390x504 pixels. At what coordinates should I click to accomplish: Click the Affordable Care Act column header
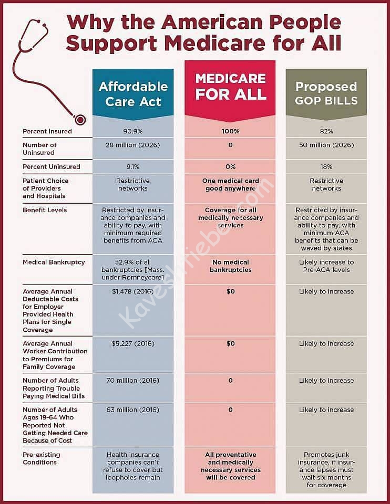click(x=133, y=93)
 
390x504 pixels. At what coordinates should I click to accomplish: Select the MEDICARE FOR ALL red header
click(x=230, y=87)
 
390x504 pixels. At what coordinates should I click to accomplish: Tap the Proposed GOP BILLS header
click(x=326, y=93)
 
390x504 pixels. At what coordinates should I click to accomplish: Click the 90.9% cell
click(x=133, y=131)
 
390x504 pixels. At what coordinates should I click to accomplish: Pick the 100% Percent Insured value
click(x=230, y=131)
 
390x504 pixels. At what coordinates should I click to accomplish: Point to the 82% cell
click(x=326, y=131)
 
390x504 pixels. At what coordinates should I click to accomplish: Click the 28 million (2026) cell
click(x=133, y=145)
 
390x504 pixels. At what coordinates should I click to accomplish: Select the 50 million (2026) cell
click(x=326, y=145)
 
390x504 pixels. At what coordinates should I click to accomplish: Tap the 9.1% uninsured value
click(x=133, y=167)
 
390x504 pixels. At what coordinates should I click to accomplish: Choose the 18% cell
click(x=326, y=167)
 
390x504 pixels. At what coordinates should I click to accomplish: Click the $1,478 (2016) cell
click(x=133, y=291)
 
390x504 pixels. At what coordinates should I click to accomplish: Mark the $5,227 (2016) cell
click(x=133, y=344)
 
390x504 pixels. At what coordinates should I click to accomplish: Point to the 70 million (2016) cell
click(x=133, y=381)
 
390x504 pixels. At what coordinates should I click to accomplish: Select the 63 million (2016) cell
click(x=133, y=410)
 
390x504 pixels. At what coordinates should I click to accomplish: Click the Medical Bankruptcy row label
click(x=54, y=262)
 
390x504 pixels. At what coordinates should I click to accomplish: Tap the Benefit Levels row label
click(x=45, y=210)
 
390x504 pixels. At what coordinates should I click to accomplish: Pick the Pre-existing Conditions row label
click(x=42, y=458)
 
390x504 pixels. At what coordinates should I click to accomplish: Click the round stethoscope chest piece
click(x=80, y=120)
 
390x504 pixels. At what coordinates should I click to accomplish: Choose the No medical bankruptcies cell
click(x=230, y=266)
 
